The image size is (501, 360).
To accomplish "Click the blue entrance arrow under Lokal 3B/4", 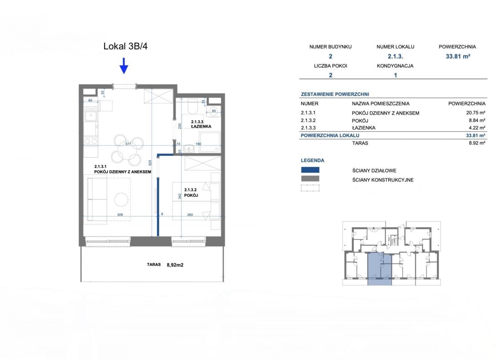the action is (124, 65).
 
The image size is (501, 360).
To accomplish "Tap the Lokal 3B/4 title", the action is (126, 46).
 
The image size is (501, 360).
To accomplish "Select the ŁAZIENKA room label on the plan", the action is (201, 126).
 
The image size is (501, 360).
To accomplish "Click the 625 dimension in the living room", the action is (150, 162).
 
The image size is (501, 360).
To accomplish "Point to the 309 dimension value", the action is (120, 215).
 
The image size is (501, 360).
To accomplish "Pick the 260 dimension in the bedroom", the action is (190, 215).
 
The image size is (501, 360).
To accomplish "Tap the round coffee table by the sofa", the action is (121, 199).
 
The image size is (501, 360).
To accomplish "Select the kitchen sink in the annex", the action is (91, 116).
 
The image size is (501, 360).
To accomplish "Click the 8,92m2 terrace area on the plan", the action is (175, 265).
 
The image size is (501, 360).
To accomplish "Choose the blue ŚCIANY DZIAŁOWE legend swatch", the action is (310, 170).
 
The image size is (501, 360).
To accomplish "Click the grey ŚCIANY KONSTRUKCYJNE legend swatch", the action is (310, 179).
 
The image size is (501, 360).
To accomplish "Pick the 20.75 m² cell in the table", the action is (476, 113).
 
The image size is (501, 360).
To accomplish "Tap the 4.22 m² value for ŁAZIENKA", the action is (477, 128).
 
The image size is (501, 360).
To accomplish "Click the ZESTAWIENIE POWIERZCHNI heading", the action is (335, 94).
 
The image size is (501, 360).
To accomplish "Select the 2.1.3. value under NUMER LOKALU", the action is (395, 56).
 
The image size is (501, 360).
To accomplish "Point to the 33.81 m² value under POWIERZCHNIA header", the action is (458, 56).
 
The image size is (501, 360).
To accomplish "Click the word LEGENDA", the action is (312, 160).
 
